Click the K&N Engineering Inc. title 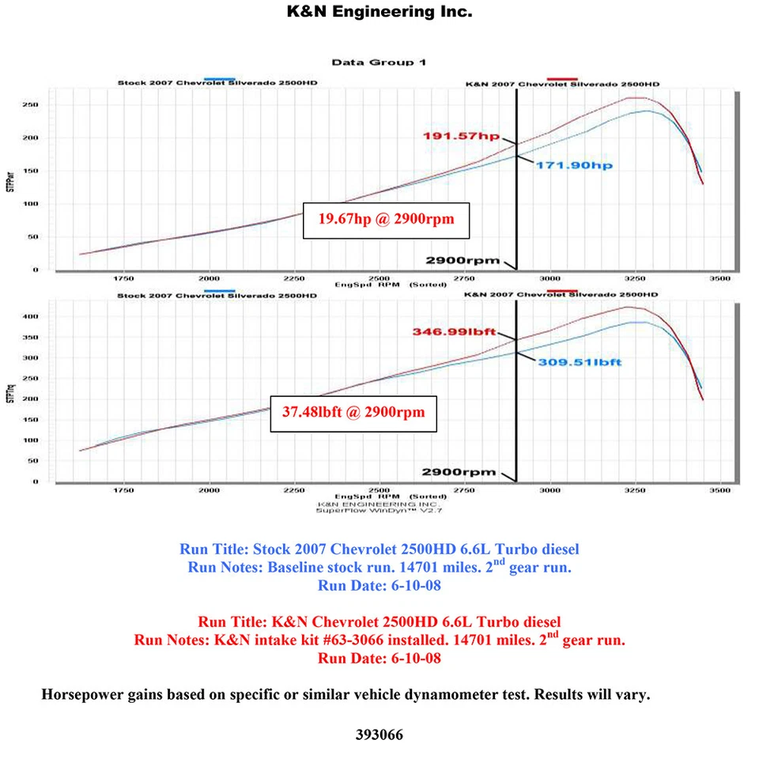click(x=379, y=12)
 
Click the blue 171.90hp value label click(x=575, y=166)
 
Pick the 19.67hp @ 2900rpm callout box click(x=387, y=219)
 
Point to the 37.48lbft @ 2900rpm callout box click(x=353, y=412)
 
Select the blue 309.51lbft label click(x=580, y=362)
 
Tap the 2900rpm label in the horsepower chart click(x=463, y=259)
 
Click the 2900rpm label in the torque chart click(x=459, y=472)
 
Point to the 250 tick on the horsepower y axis click(x=32, y=104)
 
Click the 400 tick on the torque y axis click(x=32, y=316)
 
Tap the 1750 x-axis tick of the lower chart click(x=123, y=491)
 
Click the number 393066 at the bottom click(x=379, y=734)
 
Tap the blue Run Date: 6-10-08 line click(x=379, y=586)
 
